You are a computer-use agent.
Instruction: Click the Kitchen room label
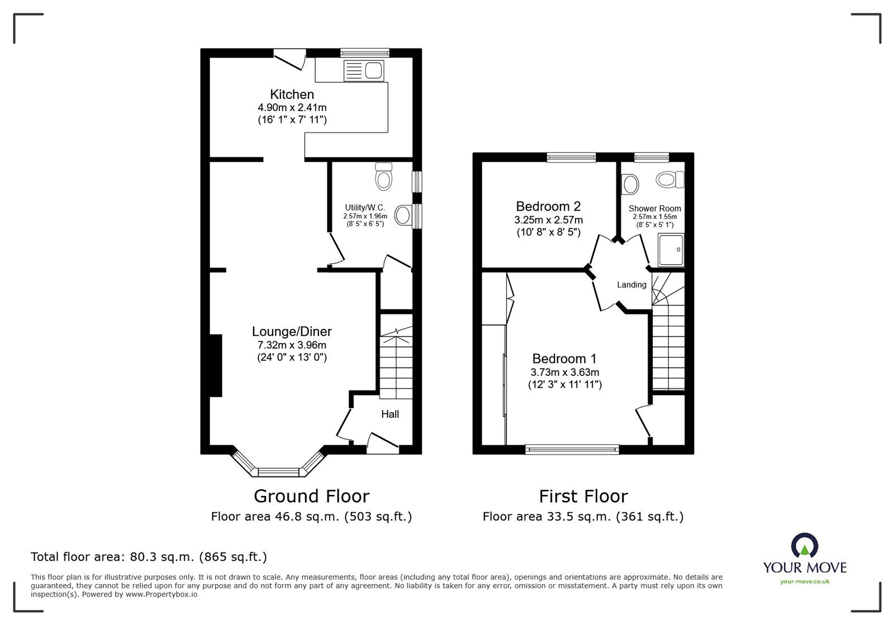coord(292,94)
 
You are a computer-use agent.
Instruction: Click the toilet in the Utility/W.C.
coord(383,177)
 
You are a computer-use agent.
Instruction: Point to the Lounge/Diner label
coord(291,331)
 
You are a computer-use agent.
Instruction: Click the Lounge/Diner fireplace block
coord(216,365)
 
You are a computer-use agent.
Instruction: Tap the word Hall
coord(390,414)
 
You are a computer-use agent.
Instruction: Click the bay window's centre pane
coord(279,472)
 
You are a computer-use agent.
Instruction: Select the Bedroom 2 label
coord(548,206)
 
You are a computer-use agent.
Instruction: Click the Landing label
coord(631,285)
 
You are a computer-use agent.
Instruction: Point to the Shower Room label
coord(654,208)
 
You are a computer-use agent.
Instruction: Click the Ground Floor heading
coord(311,496)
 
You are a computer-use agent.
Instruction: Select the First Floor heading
coord(583,496)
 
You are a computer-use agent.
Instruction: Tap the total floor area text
coord(149,557)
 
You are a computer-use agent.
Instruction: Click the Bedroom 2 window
coord(571,158)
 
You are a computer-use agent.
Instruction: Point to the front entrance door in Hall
coord(383,441)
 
